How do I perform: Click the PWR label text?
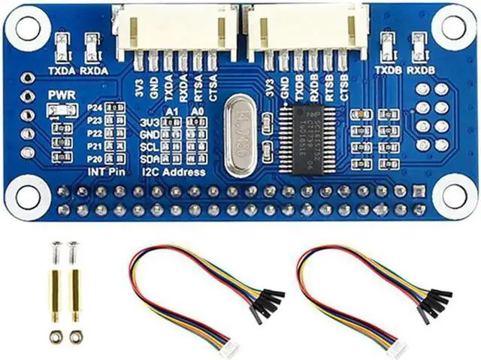pos(59,95)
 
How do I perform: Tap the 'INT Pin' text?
pos(105,172)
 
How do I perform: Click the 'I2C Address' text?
pos(174,172)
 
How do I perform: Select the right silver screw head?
pos(73,246)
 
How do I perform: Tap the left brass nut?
pos(56,335)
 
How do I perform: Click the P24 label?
pos(95,109)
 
